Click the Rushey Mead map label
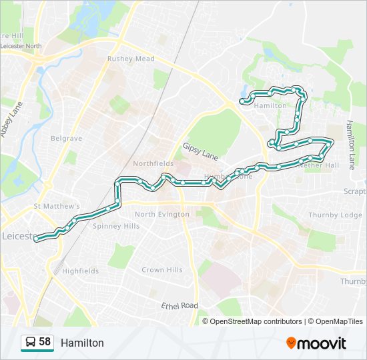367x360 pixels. tap(131, 59)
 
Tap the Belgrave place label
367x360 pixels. tap(66, 139)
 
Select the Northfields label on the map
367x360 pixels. tap(153, 163)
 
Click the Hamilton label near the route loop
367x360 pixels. tap(270, 105)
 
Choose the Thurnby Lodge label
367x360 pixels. tap(335, 215)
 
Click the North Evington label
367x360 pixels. tap(162, 214)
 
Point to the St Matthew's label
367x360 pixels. tap(57, 207)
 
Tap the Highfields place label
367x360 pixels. tap(80, 271)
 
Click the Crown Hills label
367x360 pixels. tap(162, 270)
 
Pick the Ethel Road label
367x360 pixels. tap(179, 305)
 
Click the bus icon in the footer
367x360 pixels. tap(30, 343)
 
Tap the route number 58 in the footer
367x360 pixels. tap(45, 342)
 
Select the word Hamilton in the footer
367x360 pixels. tap(82, 343)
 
